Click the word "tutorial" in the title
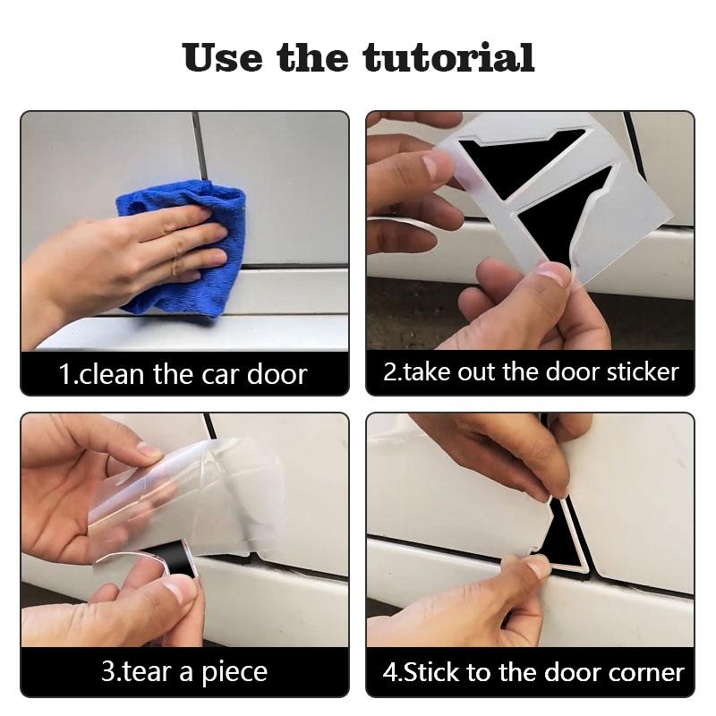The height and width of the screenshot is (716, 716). pos(448,57)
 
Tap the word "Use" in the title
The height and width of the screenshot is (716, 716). pos(224,57)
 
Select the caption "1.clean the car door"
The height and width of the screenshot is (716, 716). pos(183,373)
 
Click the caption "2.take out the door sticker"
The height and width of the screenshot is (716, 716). pos(531,372)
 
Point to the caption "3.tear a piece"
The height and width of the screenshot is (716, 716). pos(183,672)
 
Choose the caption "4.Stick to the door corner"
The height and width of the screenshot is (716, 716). pos(533,672)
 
